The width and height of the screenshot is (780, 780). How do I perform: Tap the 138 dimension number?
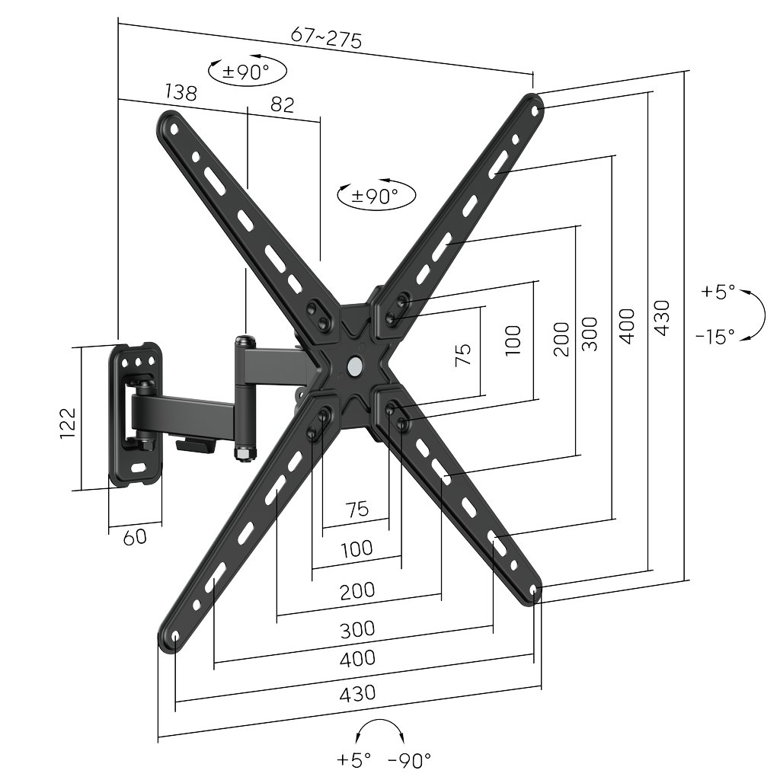(181, 93)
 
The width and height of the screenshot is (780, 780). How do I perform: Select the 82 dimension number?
(282, 104)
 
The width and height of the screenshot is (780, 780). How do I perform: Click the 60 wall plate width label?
(135, 537)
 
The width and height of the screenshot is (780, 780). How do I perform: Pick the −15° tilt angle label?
(715, 335)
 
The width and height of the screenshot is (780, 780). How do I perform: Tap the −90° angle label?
(410, 759)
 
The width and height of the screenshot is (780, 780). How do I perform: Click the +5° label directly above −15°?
(718, 292)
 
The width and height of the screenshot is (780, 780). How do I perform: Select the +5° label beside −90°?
(353, 759)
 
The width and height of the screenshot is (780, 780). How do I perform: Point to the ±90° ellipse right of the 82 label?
(376, 196)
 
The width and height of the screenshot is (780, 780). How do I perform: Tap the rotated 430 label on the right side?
(661, 318)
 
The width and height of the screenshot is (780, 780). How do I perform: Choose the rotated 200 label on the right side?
(561, 339)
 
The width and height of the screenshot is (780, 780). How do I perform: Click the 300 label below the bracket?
(357, 629)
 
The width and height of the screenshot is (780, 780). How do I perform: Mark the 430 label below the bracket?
(357, 693)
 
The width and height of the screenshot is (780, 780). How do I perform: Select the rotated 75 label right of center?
(463, 354)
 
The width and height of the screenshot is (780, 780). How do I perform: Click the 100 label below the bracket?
(356, 548)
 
